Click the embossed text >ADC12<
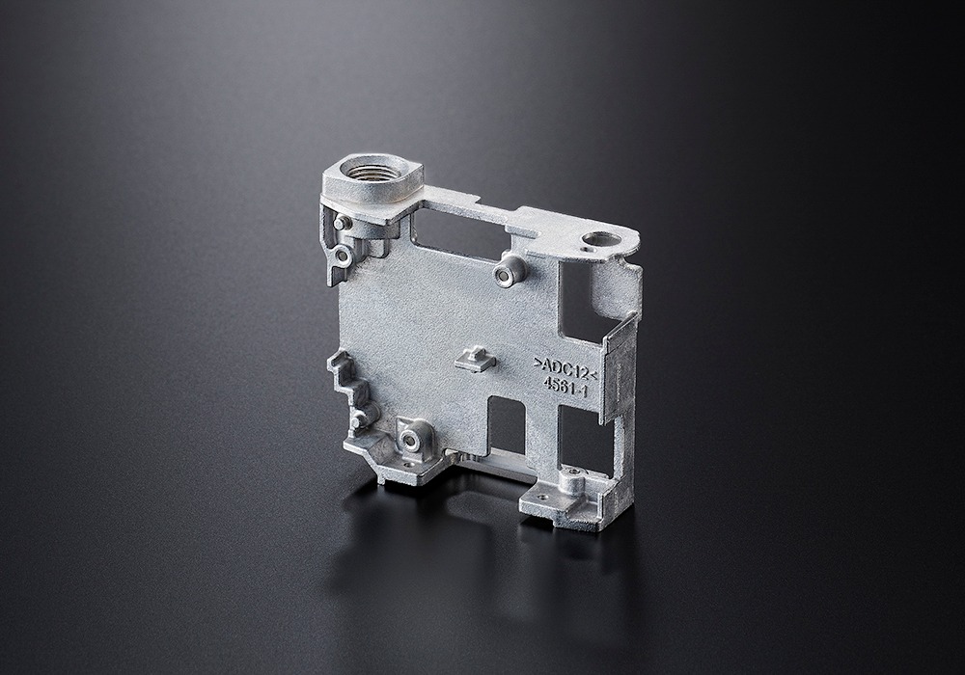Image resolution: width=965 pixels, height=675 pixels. [x=565, y=367]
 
